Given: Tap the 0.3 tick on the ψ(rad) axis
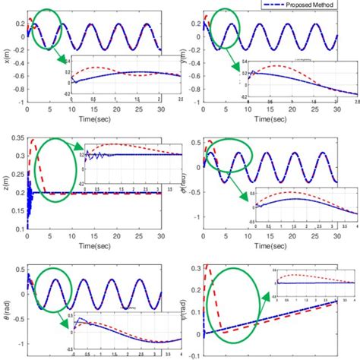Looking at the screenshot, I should click(x=195, y=267).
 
